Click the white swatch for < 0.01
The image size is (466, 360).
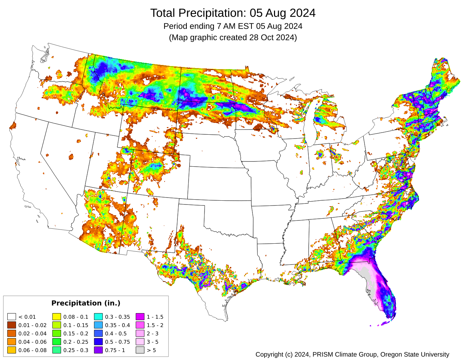click(12, 317)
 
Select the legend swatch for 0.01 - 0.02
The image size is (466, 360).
click(12, 325)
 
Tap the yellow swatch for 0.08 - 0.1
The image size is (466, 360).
click(57, 317)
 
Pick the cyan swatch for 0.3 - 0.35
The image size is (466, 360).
click(98, 317)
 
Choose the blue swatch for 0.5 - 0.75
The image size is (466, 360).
click(98, 342)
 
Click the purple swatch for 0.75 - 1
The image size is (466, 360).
click(98, 350)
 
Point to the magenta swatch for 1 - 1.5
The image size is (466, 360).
click(140, 317)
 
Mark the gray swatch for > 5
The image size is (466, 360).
click(140, 350)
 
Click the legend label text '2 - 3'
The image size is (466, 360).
click(152, 334)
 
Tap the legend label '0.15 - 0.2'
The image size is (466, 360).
click(76, 334)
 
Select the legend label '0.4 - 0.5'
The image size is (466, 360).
click(116, 334)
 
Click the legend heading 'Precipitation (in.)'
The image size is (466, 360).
click(86, 303)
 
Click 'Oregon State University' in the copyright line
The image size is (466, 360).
click(415, 354)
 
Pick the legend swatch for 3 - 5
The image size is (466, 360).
click(140, 342)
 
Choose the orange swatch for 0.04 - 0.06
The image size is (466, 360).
click(12, 342)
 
